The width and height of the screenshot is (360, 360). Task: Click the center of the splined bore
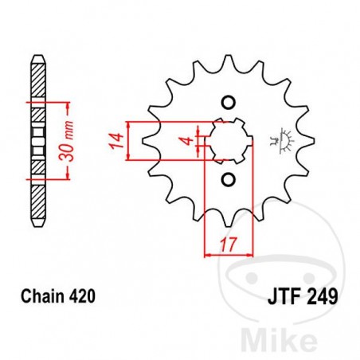(x=226, y=140)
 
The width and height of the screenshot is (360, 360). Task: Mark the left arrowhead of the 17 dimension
(x=209, y=254)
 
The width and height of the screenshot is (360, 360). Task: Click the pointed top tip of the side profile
(x=36, y=58)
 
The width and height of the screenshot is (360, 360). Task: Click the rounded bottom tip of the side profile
(x=36, y=225)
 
